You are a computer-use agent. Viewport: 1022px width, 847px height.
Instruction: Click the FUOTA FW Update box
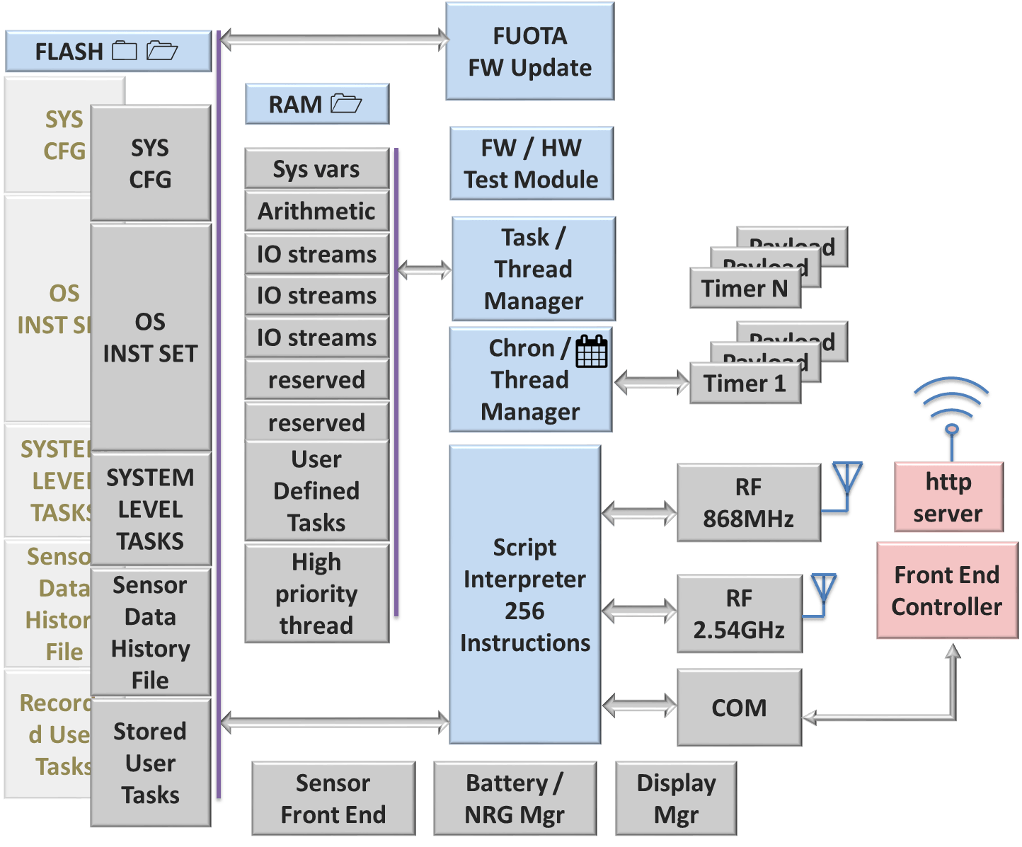pos(529,52)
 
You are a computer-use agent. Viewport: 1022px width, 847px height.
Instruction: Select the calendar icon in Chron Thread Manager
pos(592,351)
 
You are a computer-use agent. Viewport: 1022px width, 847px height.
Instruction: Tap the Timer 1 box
pos(745,384)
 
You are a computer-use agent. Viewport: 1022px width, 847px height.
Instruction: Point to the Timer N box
pos(745,289)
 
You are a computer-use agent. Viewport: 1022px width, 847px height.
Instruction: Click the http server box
pos(948,497)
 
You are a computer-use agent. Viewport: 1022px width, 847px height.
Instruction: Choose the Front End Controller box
pos(947,591)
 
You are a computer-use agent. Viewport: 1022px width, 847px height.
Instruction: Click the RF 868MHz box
pos(748,503)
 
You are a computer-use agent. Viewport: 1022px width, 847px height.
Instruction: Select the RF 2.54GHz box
pos(739,614)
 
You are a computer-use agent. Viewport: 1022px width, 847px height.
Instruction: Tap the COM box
pos(739,708)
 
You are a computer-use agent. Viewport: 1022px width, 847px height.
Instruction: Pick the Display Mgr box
pos(676,799)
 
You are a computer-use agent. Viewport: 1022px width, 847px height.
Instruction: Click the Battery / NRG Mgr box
pos(515,799)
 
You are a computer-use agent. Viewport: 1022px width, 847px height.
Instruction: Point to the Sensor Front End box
pos(333,799)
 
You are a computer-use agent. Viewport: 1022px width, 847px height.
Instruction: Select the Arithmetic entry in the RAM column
pos(316,211)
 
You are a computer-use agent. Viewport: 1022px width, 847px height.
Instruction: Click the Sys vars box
pos(316,169)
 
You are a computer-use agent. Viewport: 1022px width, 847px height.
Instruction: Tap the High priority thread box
pos(316,594)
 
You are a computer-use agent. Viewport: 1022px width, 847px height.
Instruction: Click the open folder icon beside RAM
pos(346,104)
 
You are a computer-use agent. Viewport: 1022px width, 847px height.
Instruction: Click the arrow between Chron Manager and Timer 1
pos(652,384)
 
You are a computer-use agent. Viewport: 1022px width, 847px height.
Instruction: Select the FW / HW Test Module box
pos(531,164)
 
